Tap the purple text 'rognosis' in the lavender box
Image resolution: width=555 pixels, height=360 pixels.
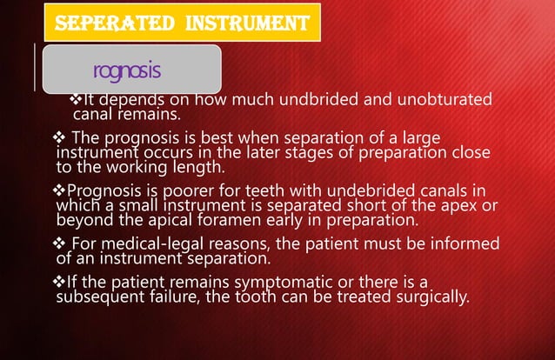(126, 68)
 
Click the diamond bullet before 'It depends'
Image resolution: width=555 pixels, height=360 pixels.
(75, 99)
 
